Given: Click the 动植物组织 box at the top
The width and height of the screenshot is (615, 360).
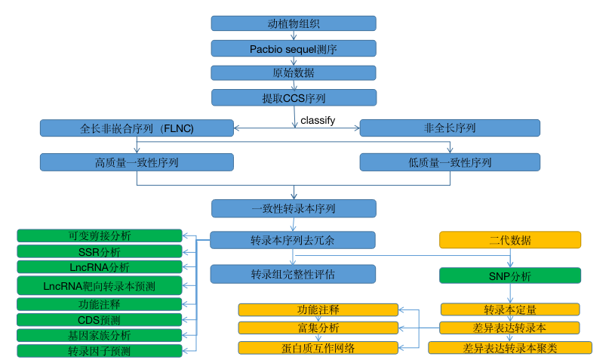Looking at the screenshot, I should [x=294, y=23].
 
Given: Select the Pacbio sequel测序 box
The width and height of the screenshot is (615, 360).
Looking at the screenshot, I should [x=294, y=48].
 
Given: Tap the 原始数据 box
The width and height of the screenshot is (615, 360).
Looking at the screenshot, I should [x=294, y=73].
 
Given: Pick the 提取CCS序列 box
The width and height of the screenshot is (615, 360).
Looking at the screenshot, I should [x=294, y=98].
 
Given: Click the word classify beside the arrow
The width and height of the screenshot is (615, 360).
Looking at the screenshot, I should [x=318, y=120].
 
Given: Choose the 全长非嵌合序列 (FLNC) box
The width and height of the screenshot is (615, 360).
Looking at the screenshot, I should [x=137, y=128].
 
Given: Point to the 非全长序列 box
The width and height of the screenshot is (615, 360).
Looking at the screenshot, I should [x=450, y=128].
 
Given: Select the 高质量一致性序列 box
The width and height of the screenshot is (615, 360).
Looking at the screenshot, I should [x=137, y=162].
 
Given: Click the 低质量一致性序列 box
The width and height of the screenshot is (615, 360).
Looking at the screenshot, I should [x=450, y=162].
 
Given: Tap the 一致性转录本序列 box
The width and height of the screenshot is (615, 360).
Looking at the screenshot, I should [x=294, y=208].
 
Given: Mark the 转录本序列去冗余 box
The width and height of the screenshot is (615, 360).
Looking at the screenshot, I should [x=294, y=240].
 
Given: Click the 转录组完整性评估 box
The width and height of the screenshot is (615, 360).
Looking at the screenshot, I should [x=294, y=274].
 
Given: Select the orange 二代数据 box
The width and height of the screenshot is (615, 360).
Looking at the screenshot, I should [x=510, y=240].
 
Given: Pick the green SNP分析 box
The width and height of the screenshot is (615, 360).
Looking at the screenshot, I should [x=510, y=276].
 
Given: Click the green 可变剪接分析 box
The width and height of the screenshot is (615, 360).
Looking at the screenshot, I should [x=100, y=235].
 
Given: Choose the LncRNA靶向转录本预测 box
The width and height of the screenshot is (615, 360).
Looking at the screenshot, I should [x=100, y=285].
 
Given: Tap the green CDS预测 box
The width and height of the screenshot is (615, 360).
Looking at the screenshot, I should [x=100, y=320].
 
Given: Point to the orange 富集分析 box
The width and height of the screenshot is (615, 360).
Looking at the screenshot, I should [x=318, y=328].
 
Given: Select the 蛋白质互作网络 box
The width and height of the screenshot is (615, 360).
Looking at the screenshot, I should [x=318, y=347].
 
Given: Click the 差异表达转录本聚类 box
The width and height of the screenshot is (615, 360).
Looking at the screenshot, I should [x=510, y=348].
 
